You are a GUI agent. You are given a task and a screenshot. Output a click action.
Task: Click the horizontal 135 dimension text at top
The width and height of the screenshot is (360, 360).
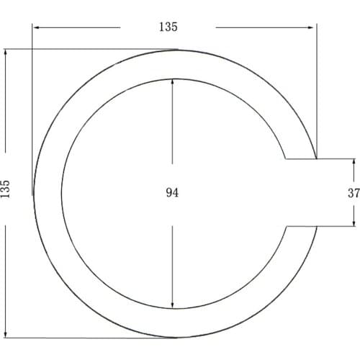(168, 27)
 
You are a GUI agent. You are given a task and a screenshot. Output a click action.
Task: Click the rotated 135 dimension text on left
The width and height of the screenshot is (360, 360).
(6, 189)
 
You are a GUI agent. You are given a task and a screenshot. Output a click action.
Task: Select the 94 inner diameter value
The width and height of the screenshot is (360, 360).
(172, 192)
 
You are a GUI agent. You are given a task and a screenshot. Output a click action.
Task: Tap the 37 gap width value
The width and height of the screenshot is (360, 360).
(353, 192)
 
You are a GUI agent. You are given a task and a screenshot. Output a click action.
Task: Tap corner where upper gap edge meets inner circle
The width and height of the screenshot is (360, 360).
(286, 158)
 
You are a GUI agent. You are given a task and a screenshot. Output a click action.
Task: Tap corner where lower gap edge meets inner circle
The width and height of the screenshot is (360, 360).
(286, 227)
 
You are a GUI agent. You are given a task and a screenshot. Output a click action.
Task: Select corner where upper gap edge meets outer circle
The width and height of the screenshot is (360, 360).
(316, 158)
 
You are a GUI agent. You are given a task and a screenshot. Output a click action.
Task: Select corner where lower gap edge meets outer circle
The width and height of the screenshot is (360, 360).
(316, 227)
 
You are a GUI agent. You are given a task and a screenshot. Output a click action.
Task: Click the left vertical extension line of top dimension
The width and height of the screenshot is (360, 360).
(32, 108)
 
